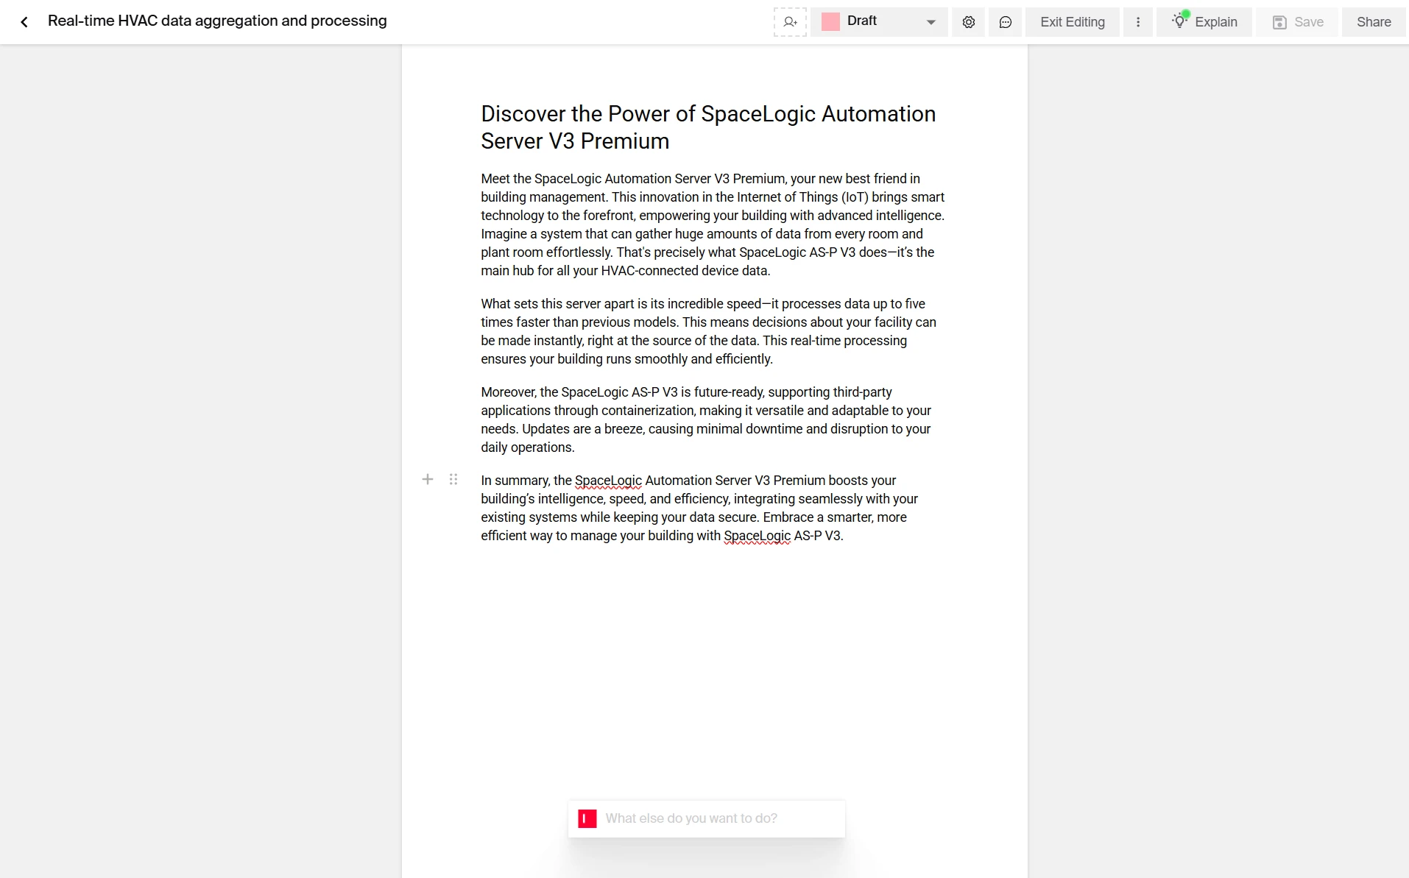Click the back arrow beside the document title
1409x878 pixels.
pyautogui.click(x=24, y=22)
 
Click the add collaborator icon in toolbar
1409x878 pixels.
pyautogui.click(x=790, y=22)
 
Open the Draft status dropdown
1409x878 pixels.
pyautogui.click(x=879, y=22)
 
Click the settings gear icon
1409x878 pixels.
pyautogui.click(x=968, y=22)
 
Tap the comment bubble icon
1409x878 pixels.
pyautogui.click(x=1005, y=22)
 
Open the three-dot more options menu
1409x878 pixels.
pyautogui.click(x=1137, y=22)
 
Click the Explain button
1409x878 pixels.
pyautogui.click(x=1204, y=22)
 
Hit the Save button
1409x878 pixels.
pyautogui.click(x=1298, y=22)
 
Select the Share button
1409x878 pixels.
pyautogui.click(x=1373, y=22)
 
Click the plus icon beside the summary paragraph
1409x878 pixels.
pyautogui.click(x=428, y=480)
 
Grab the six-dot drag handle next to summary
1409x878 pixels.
pyautogui.click(x=453, y=480)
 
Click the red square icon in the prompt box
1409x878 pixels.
pyautogui.click(x=587, y=818)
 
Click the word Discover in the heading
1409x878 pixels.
pyautogui.click(x=523, y=114)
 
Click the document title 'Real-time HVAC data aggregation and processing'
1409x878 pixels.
pyautogui.click(x=217, y=21)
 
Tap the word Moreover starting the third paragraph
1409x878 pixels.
pyautogui.click(x=508, y=392)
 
